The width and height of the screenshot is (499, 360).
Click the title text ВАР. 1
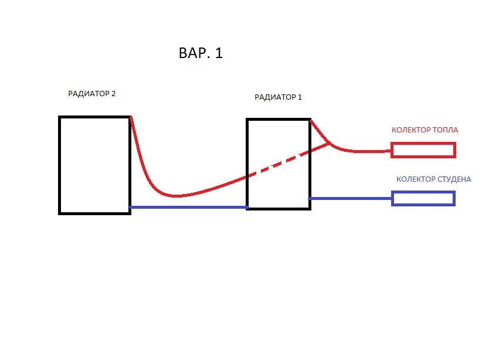coord(200,53)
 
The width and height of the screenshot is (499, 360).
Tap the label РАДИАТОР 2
coord(91,93)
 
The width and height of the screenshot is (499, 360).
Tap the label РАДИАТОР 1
coord(278,97)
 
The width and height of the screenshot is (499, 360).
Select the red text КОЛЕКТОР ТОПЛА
coord(425,130)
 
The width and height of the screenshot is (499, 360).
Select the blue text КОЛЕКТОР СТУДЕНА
coord(433,179)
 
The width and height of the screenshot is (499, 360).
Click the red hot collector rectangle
coord(423,151)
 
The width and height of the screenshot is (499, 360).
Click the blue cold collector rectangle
coord(423,199)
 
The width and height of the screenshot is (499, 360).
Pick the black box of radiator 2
coord(94,165)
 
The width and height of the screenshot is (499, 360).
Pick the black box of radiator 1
coord(278,164)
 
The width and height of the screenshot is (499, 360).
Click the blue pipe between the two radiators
coord(188,207)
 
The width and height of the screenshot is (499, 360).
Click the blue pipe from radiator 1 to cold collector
coord(350,199)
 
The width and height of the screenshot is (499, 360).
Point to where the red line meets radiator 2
coord(130,117)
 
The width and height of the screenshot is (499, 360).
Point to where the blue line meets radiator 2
coord(130,207)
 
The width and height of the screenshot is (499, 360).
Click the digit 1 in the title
coord(219,53)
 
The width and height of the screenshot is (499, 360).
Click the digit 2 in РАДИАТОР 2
coord(113,93)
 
